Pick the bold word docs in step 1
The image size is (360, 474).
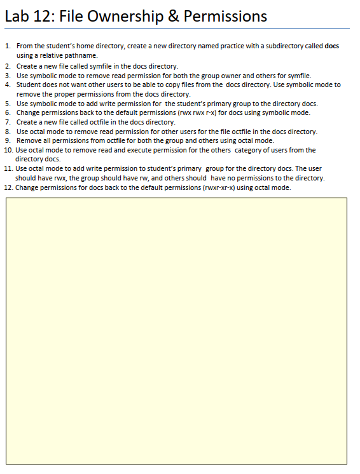331,46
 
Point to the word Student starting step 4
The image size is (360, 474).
29,84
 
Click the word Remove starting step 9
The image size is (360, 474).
29,140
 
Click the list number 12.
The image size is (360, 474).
8,187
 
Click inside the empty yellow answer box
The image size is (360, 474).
176,330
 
